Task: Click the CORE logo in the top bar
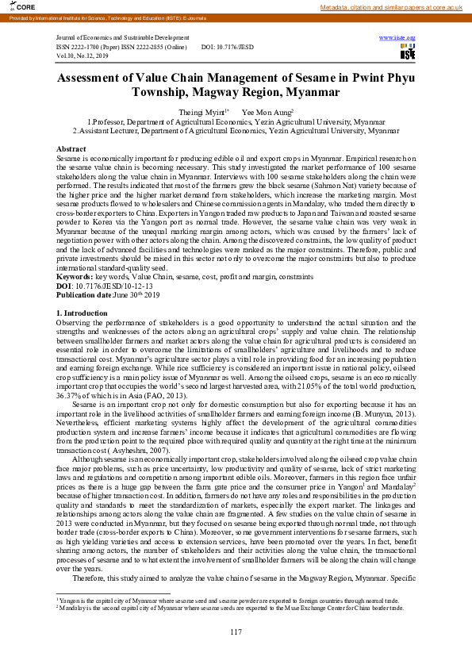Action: (x=14, y=6)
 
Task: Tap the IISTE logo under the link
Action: (x=407, y=53)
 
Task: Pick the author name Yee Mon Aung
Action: (x=267, y=113)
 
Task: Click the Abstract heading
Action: (x=71, y=149)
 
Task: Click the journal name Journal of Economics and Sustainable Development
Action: (x=123, y=38)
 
